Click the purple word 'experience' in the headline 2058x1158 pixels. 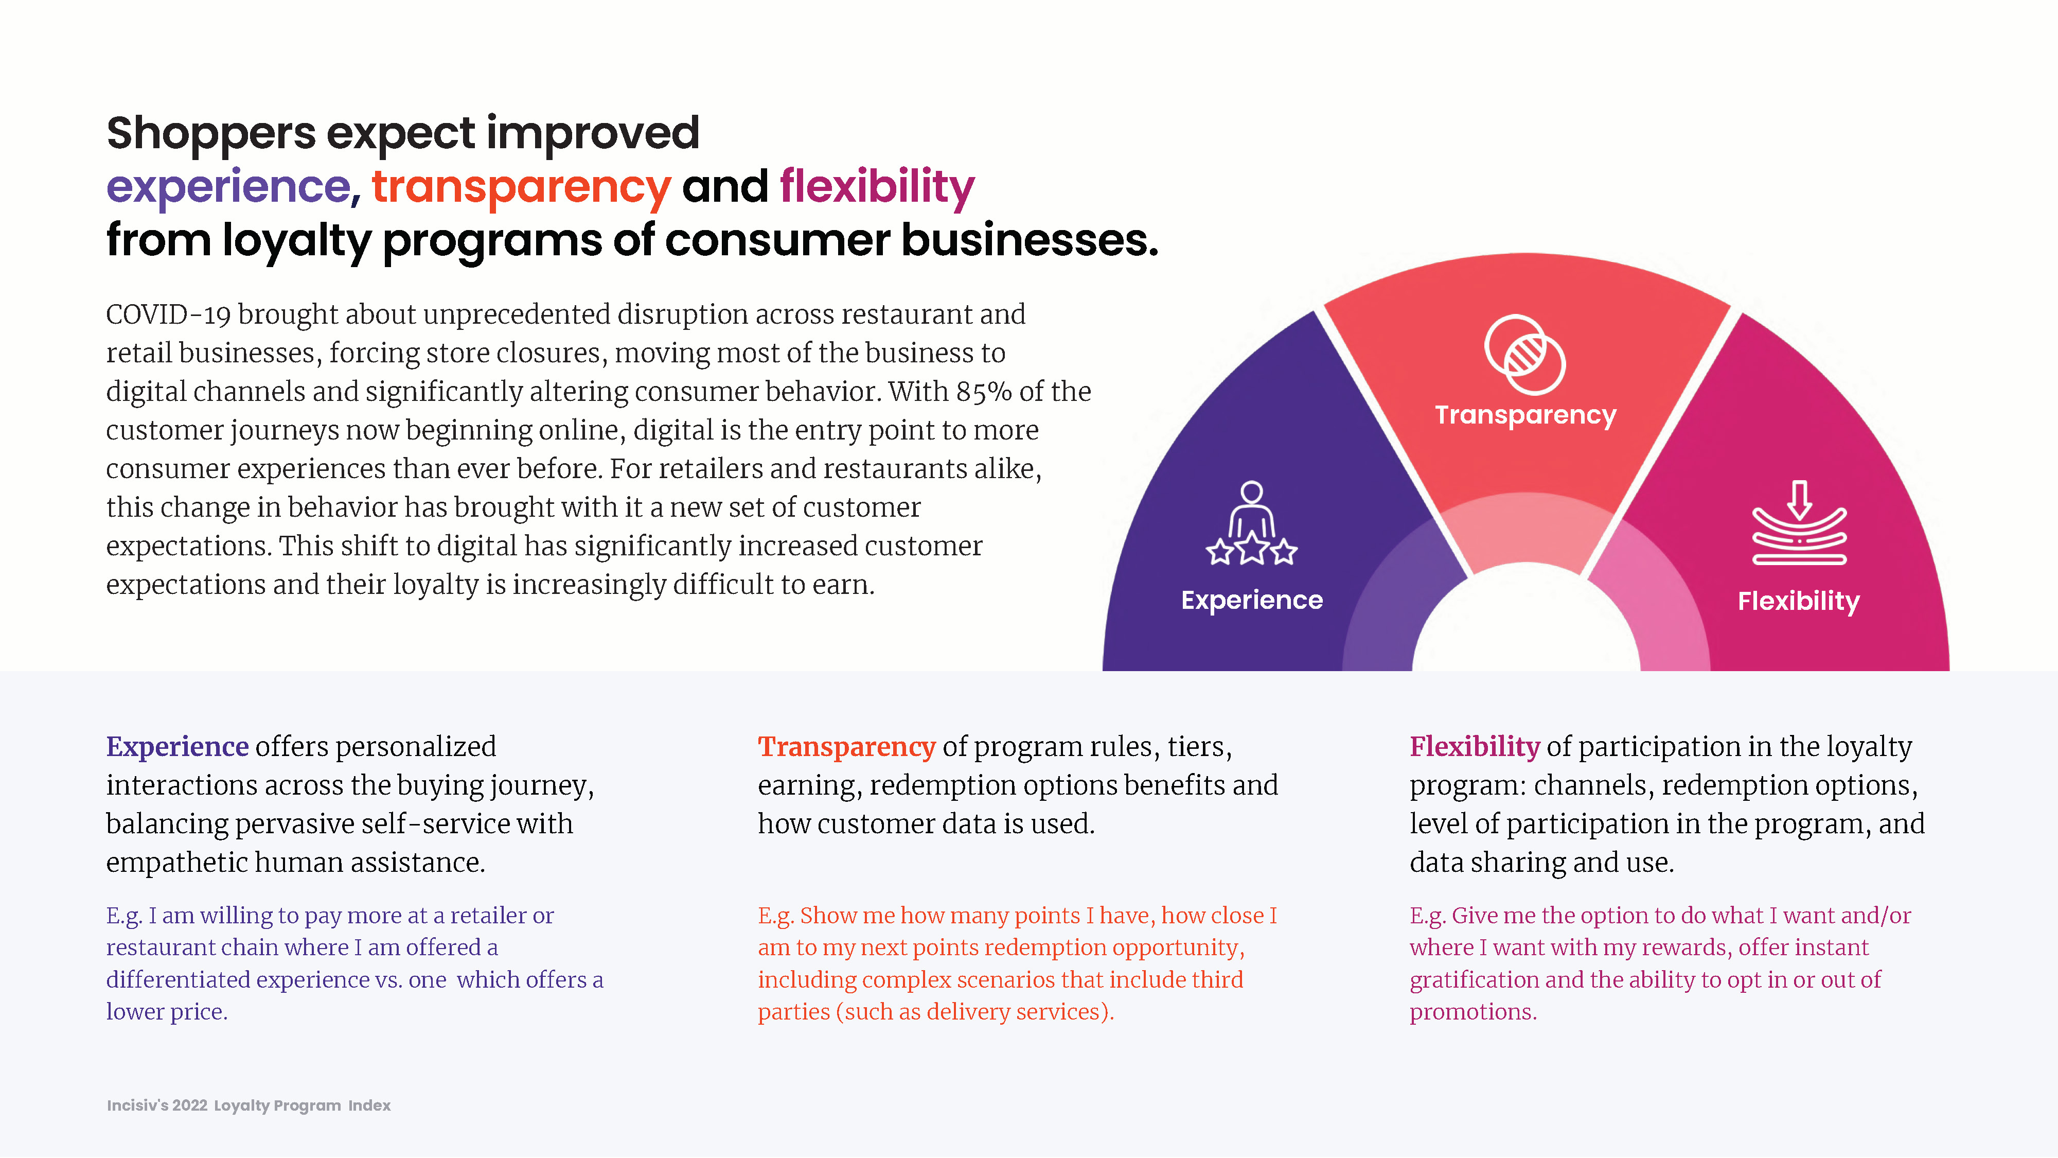[x=228, y=187]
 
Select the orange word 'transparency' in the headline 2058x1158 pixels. [x=521, y=187]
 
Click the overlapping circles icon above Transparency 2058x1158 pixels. [x=1525, y=354]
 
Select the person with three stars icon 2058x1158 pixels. [x=1252, y=523]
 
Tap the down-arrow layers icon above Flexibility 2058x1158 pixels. [x=1799, y=523]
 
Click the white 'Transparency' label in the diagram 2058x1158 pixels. [x=1525, y=415]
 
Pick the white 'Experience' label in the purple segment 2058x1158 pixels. [x=1252, y=600]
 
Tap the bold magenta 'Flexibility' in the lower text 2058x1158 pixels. [x=1475, y=746]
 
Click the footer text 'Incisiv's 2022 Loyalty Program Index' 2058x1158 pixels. [x=249, y=1106]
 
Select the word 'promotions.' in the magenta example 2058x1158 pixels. [x=1473, y=1012]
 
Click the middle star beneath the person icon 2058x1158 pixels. [x=1252, y=548]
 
